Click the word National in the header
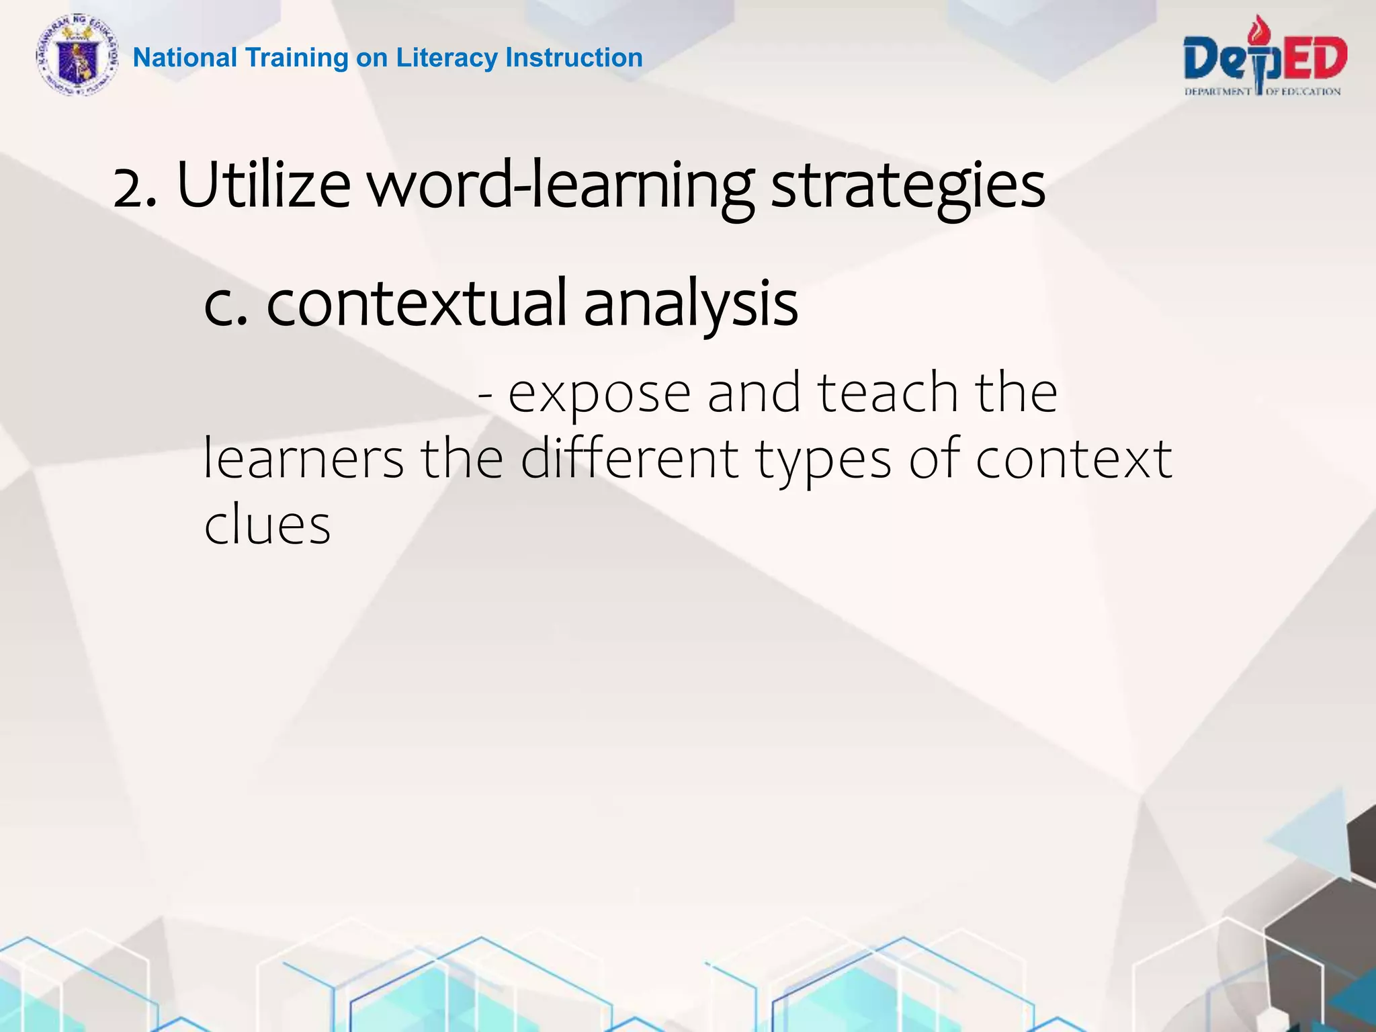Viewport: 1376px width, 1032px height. pyautogui.click(x=185, y=58)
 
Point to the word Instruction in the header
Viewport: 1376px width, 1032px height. pyautogui.click(x=574, y=58)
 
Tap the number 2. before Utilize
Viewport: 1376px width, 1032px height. pyautogui.click(x=135, y=188)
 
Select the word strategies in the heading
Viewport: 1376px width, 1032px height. pyautogui.click(x=908, y=187)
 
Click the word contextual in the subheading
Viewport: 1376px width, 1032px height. pyautogui.click(x=417, y=304)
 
